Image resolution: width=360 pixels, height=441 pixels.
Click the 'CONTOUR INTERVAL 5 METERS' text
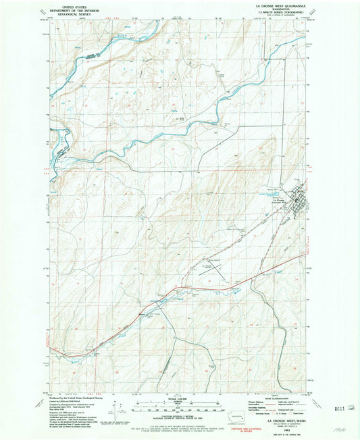[178, 417]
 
